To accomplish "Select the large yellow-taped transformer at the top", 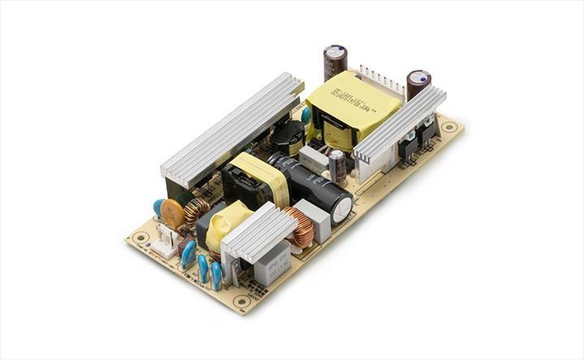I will pyautogui.click(x=352, y=109).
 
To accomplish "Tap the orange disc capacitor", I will pyautogui.click(x=171, y=213).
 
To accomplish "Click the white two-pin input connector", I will pyautogui.click(x=165, y=241).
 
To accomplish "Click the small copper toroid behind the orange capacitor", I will pyautogui.click(x=196, y=212).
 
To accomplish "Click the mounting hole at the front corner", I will pyautogui.click(x=241, y=301).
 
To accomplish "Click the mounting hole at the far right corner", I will pyautogui.click(x=448, y=126).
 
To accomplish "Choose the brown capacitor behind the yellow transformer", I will pyautogui.click(x=335, y=62).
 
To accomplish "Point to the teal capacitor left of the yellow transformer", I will pyautogui.click(x=306, y=116).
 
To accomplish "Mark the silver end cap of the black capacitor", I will pyautogui.click(x=342, y=206).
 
